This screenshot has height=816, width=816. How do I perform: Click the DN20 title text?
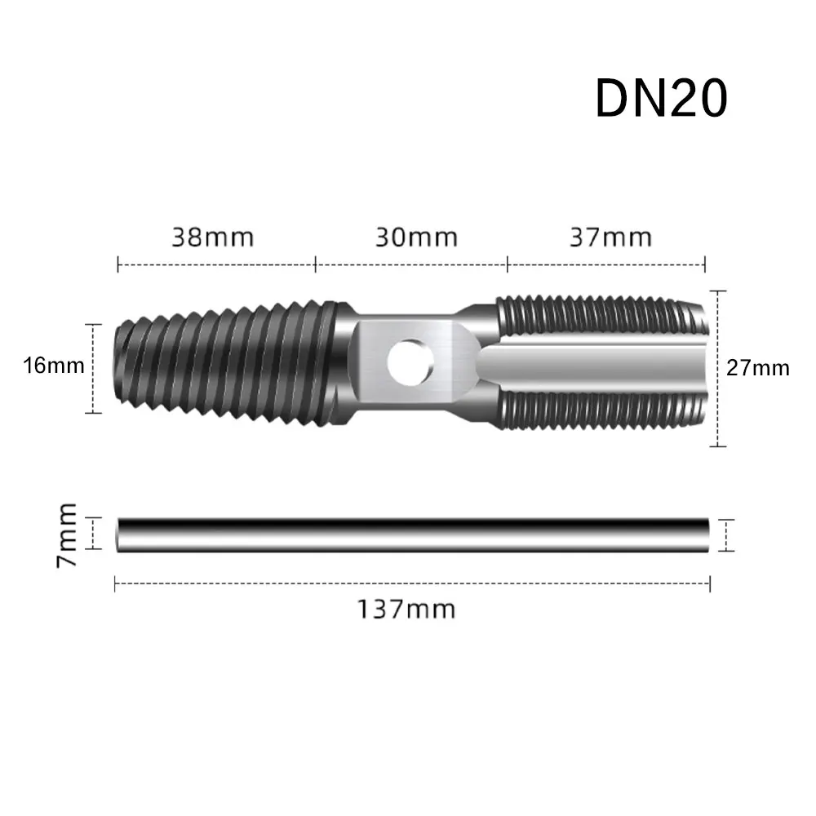[661, 99]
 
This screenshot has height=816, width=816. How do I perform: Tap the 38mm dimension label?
[213, 237]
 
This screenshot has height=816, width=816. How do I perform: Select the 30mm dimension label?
[416, 237]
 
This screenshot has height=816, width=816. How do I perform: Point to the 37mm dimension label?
[610, 237]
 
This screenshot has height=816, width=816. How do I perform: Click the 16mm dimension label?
[54, 366]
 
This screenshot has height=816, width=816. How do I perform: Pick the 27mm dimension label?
[758, 368]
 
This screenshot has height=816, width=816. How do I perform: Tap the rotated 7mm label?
[67, 535]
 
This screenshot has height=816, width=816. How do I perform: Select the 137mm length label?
[406, 609]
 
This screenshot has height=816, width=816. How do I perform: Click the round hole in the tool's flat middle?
[410, 362]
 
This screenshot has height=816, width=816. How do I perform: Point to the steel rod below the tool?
[413, 535]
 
